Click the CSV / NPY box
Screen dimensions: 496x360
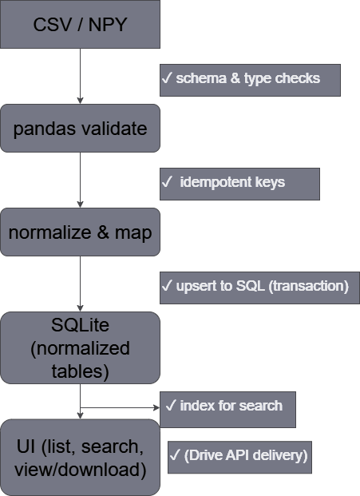(x=80, y=24)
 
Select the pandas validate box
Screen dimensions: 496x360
(x=80, y=128)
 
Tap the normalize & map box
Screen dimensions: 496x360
(x=80, y=232)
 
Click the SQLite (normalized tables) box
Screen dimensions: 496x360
(x=80, y=348)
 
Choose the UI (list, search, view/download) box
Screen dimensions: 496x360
(x=80, y=457)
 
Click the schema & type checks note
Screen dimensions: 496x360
(x=250, y=79)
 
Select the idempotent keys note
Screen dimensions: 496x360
(x=239, y=183)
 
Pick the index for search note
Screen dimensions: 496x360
(x=228, y=406)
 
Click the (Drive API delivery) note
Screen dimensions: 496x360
(x=238, y=455)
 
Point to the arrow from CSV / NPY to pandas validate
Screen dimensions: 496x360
(x=80, y=76)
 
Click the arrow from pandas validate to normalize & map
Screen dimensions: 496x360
(x=80, y=181)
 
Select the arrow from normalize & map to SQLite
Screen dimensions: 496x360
(x=80, y=284)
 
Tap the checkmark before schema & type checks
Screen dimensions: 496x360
(x=168, y=79)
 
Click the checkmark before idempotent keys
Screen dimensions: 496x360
(x=168, y=183)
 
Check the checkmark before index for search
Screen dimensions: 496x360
(x=171, y=406)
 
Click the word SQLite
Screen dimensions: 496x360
(x=80, y=327)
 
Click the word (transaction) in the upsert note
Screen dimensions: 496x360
(x=307, y=287)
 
